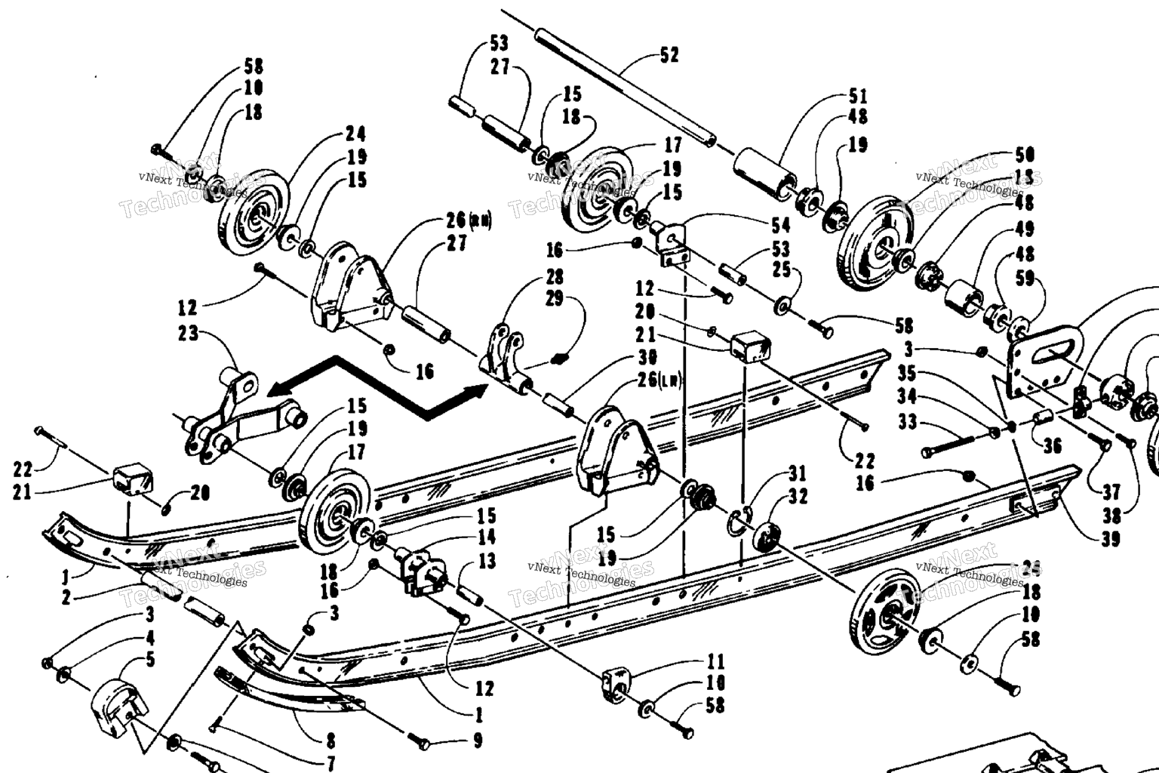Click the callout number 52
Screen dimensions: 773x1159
click(x=669, y=55)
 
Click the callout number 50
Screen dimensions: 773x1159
click(x=1025, y=156)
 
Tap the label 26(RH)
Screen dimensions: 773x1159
click(x=468, y=221)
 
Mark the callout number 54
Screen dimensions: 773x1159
click(x=780, y=225)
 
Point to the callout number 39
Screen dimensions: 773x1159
click(x=1111, y=538)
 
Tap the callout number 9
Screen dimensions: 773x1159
click(x=477, y=741)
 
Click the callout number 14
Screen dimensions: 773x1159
click(x=487, y=537)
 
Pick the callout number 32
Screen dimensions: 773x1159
click(x=798, y=496)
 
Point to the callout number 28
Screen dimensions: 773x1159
click(x=555, y=276)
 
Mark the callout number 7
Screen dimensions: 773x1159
click(x=330, y=763)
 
